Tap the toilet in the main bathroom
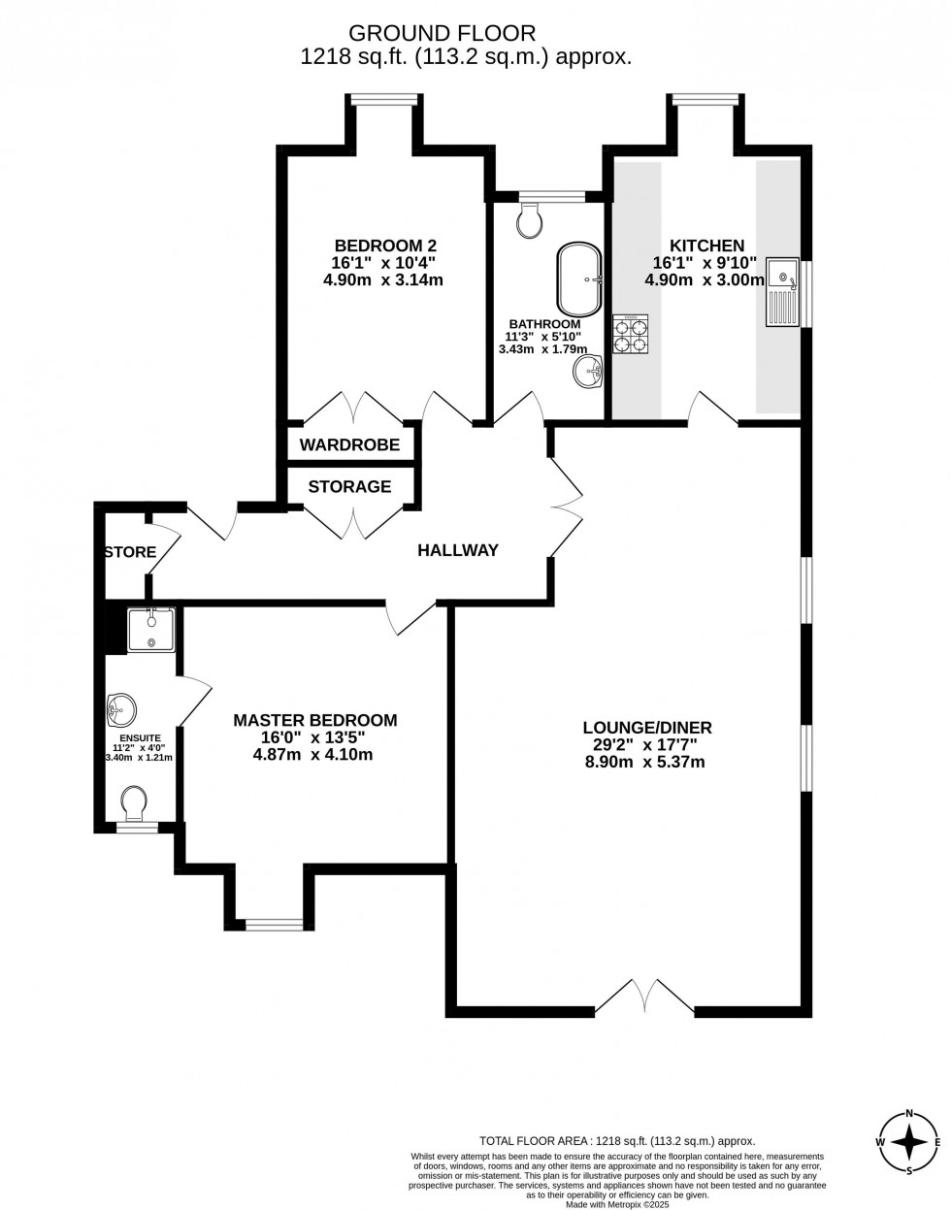531,221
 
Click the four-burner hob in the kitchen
630,333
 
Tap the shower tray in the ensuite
150,630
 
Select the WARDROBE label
349,445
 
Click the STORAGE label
349,486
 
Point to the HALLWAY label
457,550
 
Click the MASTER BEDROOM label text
314,720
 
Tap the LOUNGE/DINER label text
647,727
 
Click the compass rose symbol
908,1141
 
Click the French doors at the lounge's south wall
644,999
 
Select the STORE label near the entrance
130,552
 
